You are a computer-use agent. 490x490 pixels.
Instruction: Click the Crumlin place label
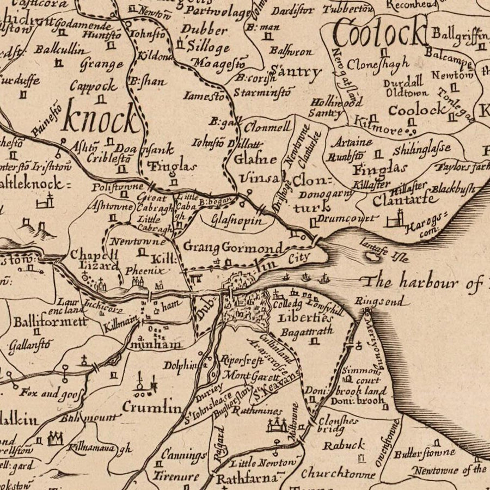pyautogui.click(x=151, y=407)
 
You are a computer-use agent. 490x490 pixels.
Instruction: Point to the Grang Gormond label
pyautogui.click(x=233, y=248)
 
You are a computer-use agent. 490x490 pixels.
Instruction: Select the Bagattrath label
pyautogui.click(x=306, y=330)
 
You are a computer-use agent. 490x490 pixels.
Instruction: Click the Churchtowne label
pyautogui.click(x=338, y=473)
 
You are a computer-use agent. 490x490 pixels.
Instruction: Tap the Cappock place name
pyautogui.click(x=93, y=86)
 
